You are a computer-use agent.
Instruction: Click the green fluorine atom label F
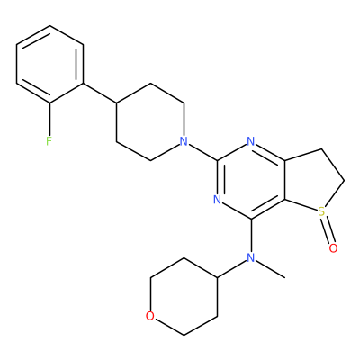click(x=49, y=141)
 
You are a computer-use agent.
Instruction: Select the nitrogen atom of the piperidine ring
click(x=184, y=141)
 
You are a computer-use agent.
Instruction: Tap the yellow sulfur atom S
click(x=321, y=211)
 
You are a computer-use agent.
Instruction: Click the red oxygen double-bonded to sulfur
click(x=333, y=248)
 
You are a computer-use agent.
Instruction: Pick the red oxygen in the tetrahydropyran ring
click(x=149, y=316)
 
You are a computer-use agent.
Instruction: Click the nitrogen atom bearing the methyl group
click(x=251, y=257)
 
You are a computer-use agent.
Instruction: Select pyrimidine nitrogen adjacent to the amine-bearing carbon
click(x=217, y=200)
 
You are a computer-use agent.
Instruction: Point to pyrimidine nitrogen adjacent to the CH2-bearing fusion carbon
click(x=251, y=141)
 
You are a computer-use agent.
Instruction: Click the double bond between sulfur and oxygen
click(x=328, y=229)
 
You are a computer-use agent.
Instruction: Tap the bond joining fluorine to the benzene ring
click(x=49, y=120)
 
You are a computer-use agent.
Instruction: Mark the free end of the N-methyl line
click(x=284, y=277)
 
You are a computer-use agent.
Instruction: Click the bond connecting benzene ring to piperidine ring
click(x=100, y=93)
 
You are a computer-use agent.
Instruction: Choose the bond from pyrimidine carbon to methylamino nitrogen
click(x=251, y=236)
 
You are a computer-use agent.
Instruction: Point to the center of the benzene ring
click(x=49, y=64)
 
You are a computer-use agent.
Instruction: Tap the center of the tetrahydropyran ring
click(x=184, y=296)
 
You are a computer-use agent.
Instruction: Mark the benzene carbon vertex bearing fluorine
click(x=49, y=103)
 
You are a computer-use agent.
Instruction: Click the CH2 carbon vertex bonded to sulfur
click(x=344, y=181)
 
